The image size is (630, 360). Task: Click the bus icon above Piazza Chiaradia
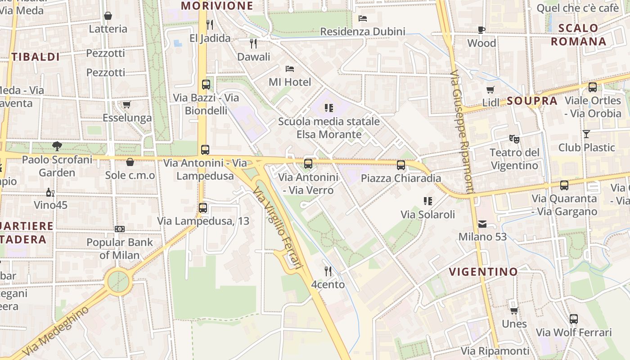pyautogui.click(x=400, y=165)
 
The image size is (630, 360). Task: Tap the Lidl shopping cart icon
pyautogui.click(x=490, y=90)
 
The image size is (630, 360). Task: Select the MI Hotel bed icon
pyautogui.click(x=290, y=69)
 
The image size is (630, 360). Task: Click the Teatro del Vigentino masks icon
pyautogui.click(x=514, y=139)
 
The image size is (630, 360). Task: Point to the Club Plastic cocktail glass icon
pyautogui.click(x=586, y=134)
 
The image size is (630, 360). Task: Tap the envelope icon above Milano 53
pyautogui.click(x=482, y=224)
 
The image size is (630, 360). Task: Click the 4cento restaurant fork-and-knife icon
pyautogui.click(x=328, y=271)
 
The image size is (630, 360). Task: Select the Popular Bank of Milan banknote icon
pyautogui.click(x=119, y=229)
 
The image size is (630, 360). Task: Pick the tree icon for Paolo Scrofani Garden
pyautogui.click(x=57, y=146)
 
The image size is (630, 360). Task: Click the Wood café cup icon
pyautogui.click(x=481, y=30)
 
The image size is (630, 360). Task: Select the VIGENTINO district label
pyautogui.click(x=483, y=271)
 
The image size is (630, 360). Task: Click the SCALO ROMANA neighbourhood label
pyautogui.click(x=578, y=35)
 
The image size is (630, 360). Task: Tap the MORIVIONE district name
pyautogui.click(x=217, y=5)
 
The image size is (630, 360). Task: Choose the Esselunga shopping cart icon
pyautogui.click(x=127, y=105)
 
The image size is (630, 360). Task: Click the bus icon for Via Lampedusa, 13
pyautogui.click(x=203, y=208)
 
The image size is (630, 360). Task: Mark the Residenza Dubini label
pyautogui.click(x=363, y=31)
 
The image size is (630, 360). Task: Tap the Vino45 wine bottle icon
pyautogui.click(x=50, y=192)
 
